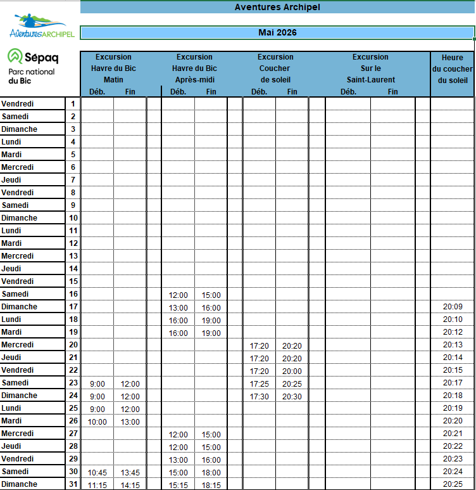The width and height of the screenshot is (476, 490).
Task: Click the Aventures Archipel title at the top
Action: tap(277, 7)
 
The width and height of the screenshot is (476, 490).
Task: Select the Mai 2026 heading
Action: tap(277, 32)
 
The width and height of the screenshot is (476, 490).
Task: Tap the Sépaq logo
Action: tap(33, 57)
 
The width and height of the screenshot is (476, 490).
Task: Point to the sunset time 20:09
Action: tap(453, 307)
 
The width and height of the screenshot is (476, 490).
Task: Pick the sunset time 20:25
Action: tap(453, 484)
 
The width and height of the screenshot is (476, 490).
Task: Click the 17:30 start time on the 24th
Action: tap(259, 396)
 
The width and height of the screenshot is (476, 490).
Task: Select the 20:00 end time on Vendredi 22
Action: tap(292, 371)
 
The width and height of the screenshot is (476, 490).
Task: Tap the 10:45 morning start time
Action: tap(97, 472)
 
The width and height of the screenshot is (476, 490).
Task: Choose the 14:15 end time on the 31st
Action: tap(130, 485)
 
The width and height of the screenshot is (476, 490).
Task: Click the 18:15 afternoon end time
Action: tap(211, 485)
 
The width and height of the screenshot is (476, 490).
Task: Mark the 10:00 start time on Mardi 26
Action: tap(97, 422)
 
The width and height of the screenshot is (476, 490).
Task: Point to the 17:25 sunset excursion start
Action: tap(259, 384)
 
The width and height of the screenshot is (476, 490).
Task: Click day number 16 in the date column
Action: tap(73, 294)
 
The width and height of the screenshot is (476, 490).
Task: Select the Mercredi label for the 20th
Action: tap(18, 345)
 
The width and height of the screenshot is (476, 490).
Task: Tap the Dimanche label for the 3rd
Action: tap(19, 129)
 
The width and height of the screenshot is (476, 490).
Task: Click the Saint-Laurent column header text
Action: tap(370, 80)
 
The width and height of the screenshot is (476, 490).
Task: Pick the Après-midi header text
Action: tap(194, 80)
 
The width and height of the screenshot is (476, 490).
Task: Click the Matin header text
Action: tap(113, 80)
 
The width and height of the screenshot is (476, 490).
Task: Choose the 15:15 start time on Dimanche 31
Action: tap(178, 485)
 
